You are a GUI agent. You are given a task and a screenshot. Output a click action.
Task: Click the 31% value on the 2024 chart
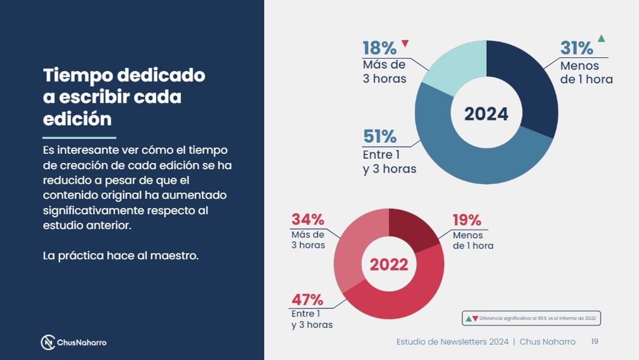click(x=576, y=48)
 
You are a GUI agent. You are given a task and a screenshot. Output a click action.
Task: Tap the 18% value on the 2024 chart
click(x=379, y=48)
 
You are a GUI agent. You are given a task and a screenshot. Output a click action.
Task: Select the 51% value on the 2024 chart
click(x=379, y=137)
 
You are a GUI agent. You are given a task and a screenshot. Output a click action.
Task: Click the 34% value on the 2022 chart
click(x=307, y=219)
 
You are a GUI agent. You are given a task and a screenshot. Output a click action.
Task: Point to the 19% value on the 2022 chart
click(x=466, y=220)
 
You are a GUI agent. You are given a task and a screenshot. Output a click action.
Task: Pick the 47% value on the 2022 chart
click(x=307, y=300)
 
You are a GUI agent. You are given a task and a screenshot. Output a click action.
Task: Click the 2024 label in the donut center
click(x=486, y=114)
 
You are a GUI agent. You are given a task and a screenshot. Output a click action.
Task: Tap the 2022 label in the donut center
click(x=389, y=265)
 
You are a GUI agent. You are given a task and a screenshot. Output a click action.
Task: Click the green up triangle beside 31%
click(x=601, y=38)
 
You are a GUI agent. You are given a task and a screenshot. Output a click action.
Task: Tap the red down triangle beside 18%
click(x=405, y=43)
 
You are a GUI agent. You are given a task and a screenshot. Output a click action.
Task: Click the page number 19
click(x=595, y=341)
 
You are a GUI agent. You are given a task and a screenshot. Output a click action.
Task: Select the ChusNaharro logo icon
click(x=48, y=342)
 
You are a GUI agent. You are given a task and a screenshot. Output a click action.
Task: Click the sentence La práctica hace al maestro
click(x=120, y=256)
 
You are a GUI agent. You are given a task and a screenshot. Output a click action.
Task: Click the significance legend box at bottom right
click(x=531, y=318)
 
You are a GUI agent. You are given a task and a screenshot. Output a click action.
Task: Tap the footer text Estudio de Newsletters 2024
click(x=452, y=342)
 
